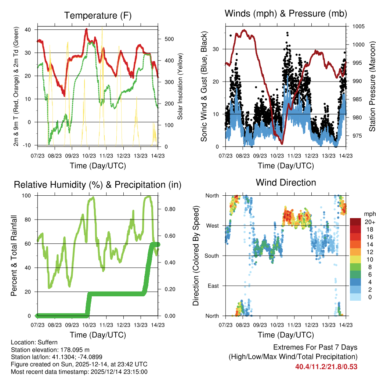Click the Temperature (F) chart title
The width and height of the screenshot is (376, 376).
pos(98,15)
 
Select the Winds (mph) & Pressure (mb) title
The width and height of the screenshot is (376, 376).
pos(286,14)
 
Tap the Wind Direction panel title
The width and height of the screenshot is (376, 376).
pos(286,182)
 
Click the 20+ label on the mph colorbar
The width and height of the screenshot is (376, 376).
pos(369,222)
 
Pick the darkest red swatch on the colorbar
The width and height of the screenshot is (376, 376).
pos(356,222)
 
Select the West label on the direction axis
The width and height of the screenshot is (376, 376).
pos(212,225)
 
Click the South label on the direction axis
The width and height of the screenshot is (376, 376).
pos(211,256)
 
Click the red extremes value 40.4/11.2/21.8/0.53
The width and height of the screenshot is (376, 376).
pos(326,367)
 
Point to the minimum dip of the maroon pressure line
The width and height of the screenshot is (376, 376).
pos(282,143)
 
